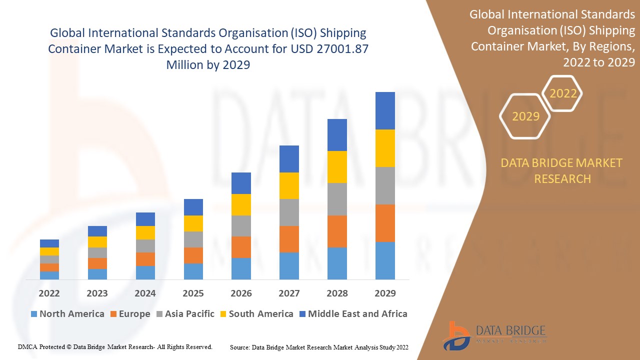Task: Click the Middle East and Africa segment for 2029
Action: pyautogui.click(x=385, y=110)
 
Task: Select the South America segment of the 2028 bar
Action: pyautogui.click(x=337, y=167)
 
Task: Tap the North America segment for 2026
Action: pyautogui.click(x=241, y=268)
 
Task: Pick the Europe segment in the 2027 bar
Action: pyautogui.click(x=289, y=239)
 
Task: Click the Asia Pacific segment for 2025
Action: pyautogui.click(x=193, y=239)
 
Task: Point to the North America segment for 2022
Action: pyautogui.click(x=49, y=275)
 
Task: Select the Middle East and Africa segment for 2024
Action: pyautogui.click(x=145, y=219)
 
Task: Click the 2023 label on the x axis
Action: pyautogui.click(x=97, y=293)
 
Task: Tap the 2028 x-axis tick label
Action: pyautogui.click(x=337, y=293)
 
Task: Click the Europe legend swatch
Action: pyautogui.click(x=114, y=314)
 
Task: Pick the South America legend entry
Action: pyautogui.click(x=256, y=314)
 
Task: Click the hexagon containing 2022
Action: pyautogui.click(x=563, y=93)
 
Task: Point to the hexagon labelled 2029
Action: pyautogui.click(x=525, y=116)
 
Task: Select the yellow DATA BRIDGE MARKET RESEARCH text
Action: pyautogui.click(x=562, y=170)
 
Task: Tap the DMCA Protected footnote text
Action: pyautogui.click(x=115, y=346)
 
